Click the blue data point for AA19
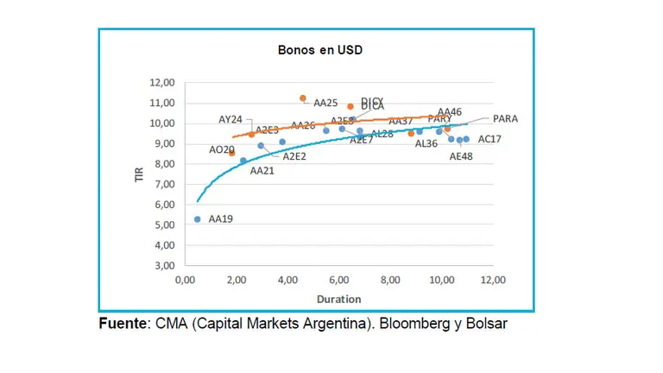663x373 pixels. [x=198, y=219]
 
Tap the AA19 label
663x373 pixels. [x=221, y=219]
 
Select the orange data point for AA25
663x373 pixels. [x=302, y=98]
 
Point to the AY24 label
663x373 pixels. [x=230, y=120]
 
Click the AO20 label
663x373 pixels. [x=221, y=149]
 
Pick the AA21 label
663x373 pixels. [x=262, y=171]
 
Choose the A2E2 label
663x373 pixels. [x=294, y=156]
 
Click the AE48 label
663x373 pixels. [x=462, y=157]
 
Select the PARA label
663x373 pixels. [x=505, y=118]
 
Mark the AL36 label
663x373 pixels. [x=426, y=143]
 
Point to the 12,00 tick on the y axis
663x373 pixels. [x=162, y=83]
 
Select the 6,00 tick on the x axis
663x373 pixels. [x=339, y=281]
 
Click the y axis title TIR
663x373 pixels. [x=137, y=174]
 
